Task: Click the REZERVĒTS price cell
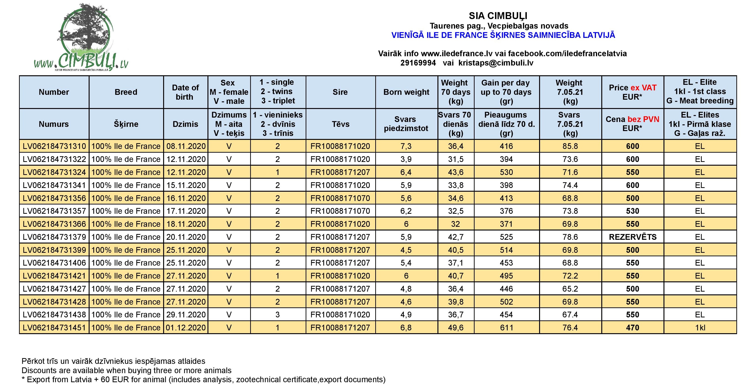(633, 237)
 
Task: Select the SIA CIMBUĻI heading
(498, 16)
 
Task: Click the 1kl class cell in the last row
(700, 328)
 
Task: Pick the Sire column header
(340, 92)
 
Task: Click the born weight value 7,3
(406, 146)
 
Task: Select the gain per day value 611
(506, 328)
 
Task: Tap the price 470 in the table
(633, 328)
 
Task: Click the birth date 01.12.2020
(186, 328)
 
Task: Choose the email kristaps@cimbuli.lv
(496, 63)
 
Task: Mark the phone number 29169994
(418, 63)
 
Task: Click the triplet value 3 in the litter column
(278, 315)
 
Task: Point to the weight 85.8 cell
(570, 146)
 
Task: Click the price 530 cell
(633, 211)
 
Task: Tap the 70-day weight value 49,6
(456, 328)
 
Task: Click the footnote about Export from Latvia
(204, 379)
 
